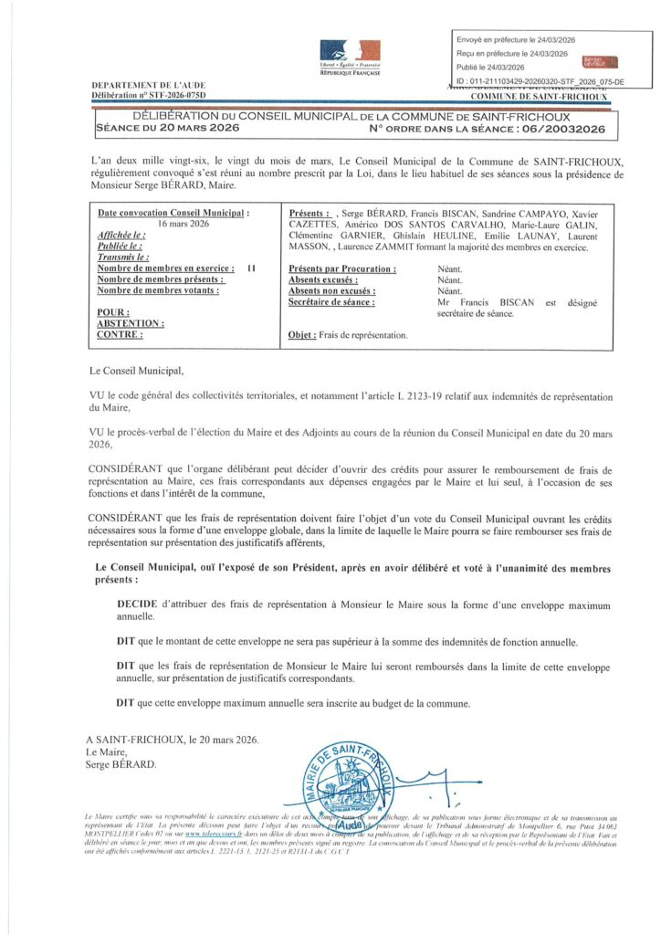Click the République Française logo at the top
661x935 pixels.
click(351, 57)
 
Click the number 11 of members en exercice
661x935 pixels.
click(250, 268)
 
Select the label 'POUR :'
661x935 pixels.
click(113, 311)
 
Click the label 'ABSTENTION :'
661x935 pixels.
click(131, 323)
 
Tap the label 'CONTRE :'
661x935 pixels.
click(120, 334)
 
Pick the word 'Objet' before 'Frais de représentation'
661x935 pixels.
click(301, 335)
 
